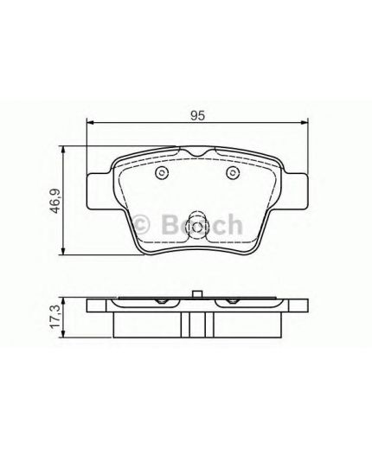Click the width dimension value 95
(196, 114)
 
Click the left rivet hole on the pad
(161, 174)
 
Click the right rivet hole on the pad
(232, 174)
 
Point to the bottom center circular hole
(196, 228)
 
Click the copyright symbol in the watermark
(144, 225)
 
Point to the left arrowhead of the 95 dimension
(90, 125)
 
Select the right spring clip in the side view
(231, 302)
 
